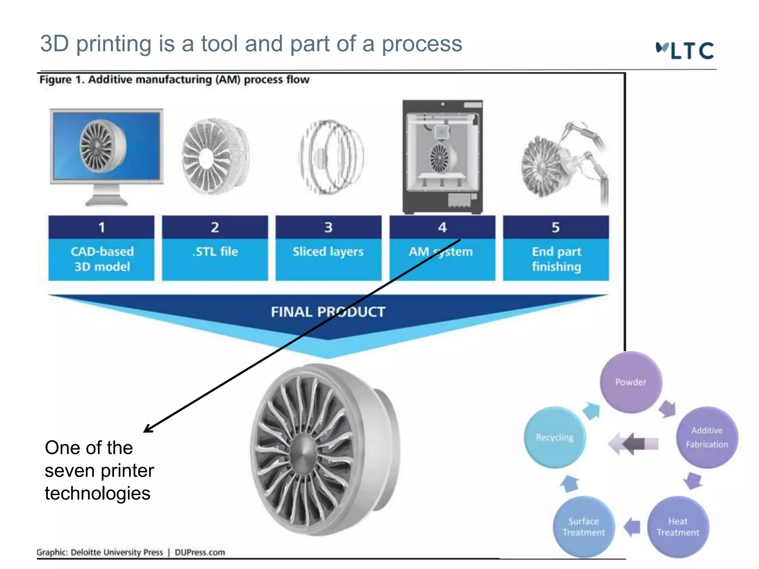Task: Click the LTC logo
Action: click(685, 50)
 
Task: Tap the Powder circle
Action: click(631, 382)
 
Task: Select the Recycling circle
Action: click(554, 437)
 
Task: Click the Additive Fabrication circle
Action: click(707, 437)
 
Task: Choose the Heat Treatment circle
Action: click(678, 527)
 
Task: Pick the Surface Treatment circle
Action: click(584, 527)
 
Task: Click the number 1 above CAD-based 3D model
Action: click(102, 227)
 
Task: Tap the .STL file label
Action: click(215, 252)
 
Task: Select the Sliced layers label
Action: click(328, 252)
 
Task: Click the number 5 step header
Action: click(556, 227)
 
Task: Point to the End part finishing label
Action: click(556, 259)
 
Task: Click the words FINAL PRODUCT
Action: click(328, 312)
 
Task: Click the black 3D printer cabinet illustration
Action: click(443, 157)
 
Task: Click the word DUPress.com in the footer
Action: click(200, 552)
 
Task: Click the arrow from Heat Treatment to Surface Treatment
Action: click(632, 527)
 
